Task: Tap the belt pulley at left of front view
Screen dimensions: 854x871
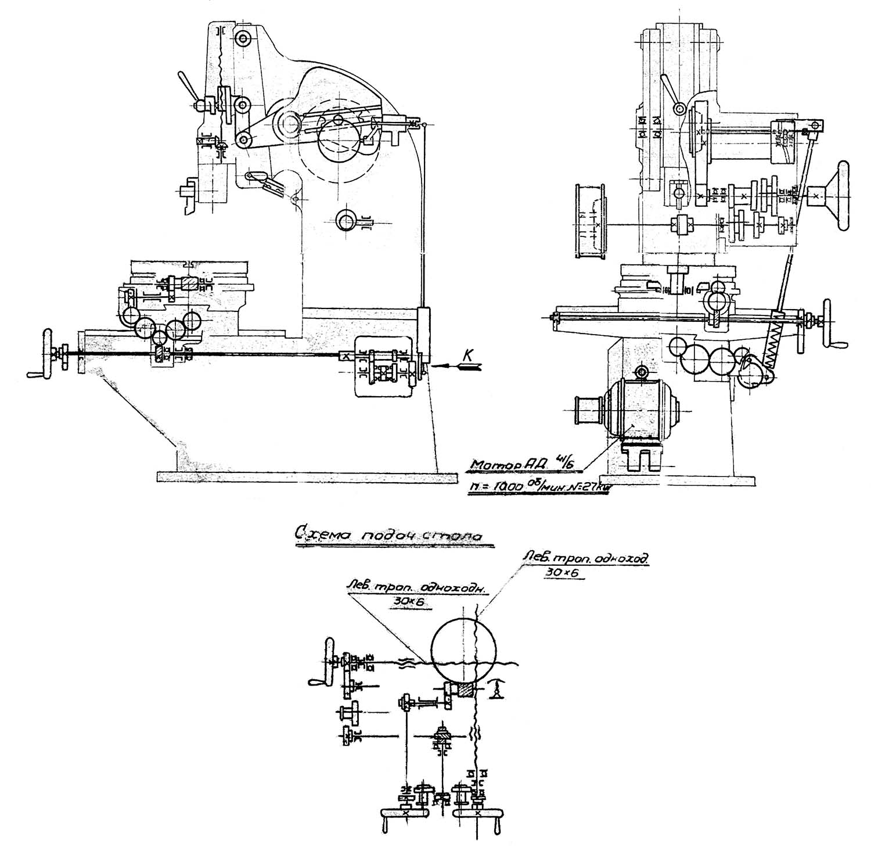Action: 591,221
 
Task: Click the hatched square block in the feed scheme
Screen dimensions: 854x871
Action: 464,690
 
